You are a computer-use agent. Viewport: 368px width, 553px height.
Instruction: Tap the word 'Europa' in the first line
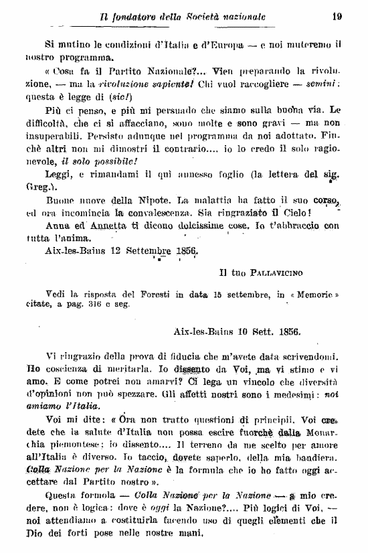tap(242, 45)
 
